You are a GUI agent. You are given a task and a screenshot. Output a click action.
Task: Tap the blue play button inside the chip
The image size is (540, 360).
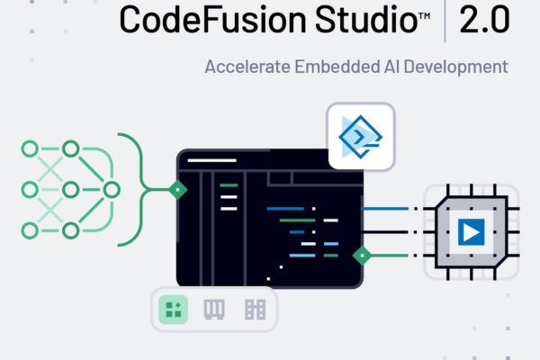(x=470, y=232)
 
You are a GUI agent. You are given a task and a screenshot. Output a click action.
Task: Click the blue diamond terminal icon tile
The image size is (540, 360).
(x=361, y=136)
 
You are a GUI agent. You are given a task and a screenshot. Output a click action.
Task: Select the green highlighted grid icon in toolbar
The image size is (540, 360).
(x=172, y=310)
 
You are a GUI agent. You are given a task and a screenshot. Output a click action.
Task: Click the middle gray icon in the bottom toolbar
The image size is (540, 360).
(x=213, y=310)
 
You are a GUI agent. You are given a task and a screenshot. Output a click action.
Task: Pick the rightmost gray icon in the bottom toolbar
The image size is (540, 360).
(x=255, y=310)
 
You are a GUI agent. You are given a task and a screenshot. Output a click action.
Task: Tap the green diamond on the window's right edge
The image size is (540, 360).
(x=361, y=255)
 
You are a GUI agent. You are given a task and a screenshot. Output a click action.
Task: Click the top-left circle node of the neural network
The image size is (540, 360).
(x=30, y=147)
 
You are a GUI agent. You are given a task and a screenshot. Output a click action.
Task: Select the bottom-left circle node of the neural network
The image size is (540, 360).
(x=30, y=231)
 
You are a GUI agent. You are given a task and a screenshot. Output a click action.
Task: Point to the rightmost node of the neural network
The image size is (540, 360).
(x=112, y=189)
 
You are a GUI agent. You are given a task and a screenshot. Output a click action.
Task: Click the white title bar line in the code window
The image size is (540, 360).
(x=204, y=163)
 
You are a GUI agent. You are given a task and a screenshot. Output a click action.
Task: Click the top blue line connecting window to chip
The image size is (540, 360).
(x=387, y=209)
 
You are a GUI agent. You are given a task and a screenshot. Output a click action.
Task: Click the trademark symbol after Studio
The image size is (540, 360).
(x=423, y=13)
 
